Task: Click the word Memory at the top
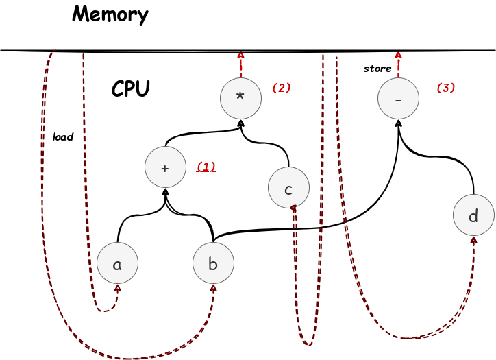click(x=110, y=15)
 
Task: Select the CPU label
click(x=130, y=88)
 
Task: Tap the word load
click(x=63, y=136)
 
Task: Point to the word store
click(x=377, y=69)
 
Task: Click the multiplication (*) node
click(x=240, y=98)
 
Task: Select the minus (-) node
click(x=398, y=98)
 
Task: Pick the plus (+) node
click(x=165, y=167)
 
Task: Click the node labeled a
click(x=117, y=263)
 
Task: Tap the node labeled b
click(x=214, y=263)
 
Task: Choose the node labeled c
click(x=288, y=188)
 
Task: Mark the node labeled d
click(x=473, y=215)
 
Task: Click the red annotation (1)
click(x=206, y=167)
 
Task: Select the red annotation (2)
click(x=282, y=88)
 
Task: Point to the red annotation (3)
click(x=446, y=88)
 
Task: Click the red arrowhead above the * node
click(x=240, y=55)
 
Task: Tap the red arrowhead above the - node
click(x=398, y=55)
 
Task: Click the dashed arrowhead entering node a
click(x=118, y=288)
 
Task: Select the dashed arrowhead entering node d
click(x=473, y=240)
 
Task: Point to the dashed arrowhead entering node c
click(x=293, y=208)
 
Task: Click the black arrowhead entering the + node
click(x=165, y=191)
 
